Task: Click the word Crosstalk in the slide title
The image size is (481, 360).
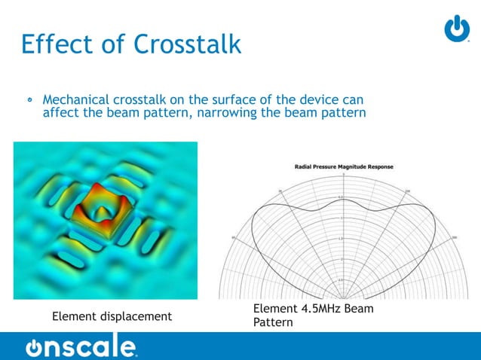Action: (x=188, y=44)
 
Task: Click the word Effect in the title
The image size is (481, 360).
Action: (x=54, y=44)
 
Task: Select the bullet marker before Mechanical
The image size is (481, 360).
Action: (x=30, y=100)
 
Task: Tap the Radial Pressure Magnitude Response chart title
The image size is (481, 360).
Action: (x=343, y=166)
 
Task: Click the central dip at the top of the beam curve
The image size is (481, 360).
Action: (x=343, y=204)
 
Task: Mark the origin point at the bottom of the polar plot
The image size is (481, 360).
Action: (x=343, y=299)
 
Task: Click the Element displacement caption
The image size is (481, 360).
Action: (x=112, y=316)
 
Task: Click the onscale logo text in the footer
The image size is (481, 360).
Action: (x=81, y=347)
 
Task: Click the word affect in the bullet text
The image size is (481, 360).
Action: (x=61, y=114)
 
